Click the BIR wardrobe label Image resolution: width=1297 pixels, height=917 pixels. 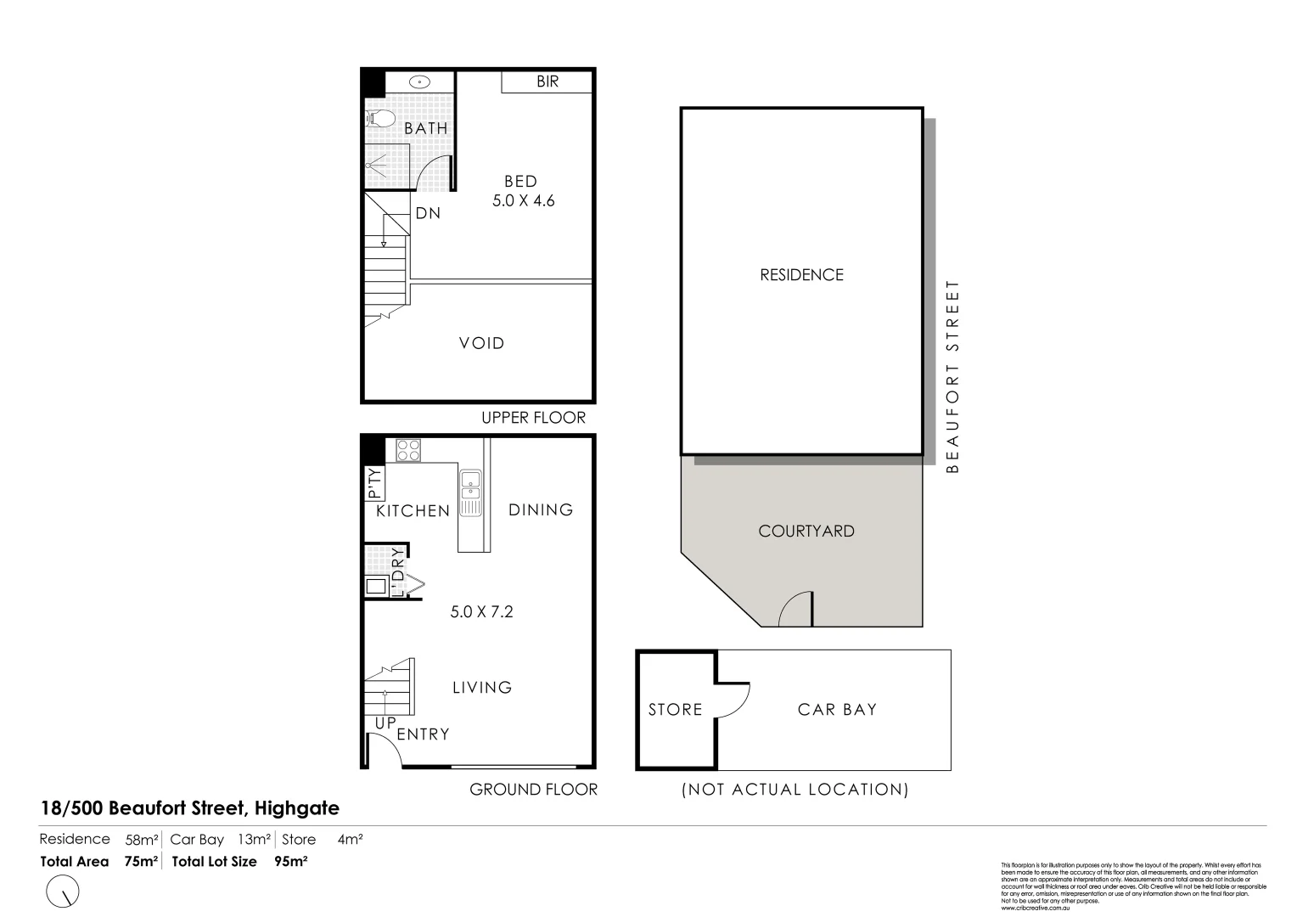[547, 82]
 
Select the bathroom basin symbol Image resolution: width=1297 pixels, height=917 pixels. [419, 82]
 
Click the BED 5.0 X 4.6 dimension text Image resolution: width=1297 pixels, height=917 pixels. [523, 201]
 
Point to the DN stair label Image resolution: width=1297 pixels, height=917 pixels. [428, 213]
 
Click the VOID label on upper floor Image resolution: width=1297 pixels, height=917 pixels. [481, 343]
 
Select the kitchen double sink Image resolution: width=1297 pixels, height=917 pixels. [470, 492]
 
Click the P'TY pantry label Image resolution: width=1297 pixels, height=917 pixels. [374, 482]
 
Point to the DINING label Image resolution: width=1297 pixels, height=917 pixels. [541, 509]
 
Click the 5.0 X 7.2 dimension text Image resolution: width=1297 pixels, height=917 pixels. [481, 611]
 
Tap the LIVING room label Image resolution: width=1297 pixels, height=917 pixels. [481, 687]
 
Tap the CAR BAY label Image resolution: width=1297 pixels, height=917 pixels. [837, 709]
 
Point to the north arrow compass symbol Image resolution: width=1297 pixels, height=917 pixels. [64, 892]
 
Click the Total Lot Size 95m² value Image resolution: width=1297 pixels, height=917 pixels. [290, 861]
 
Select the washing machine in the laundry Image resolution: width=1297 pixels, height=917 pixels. [375, 586]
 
